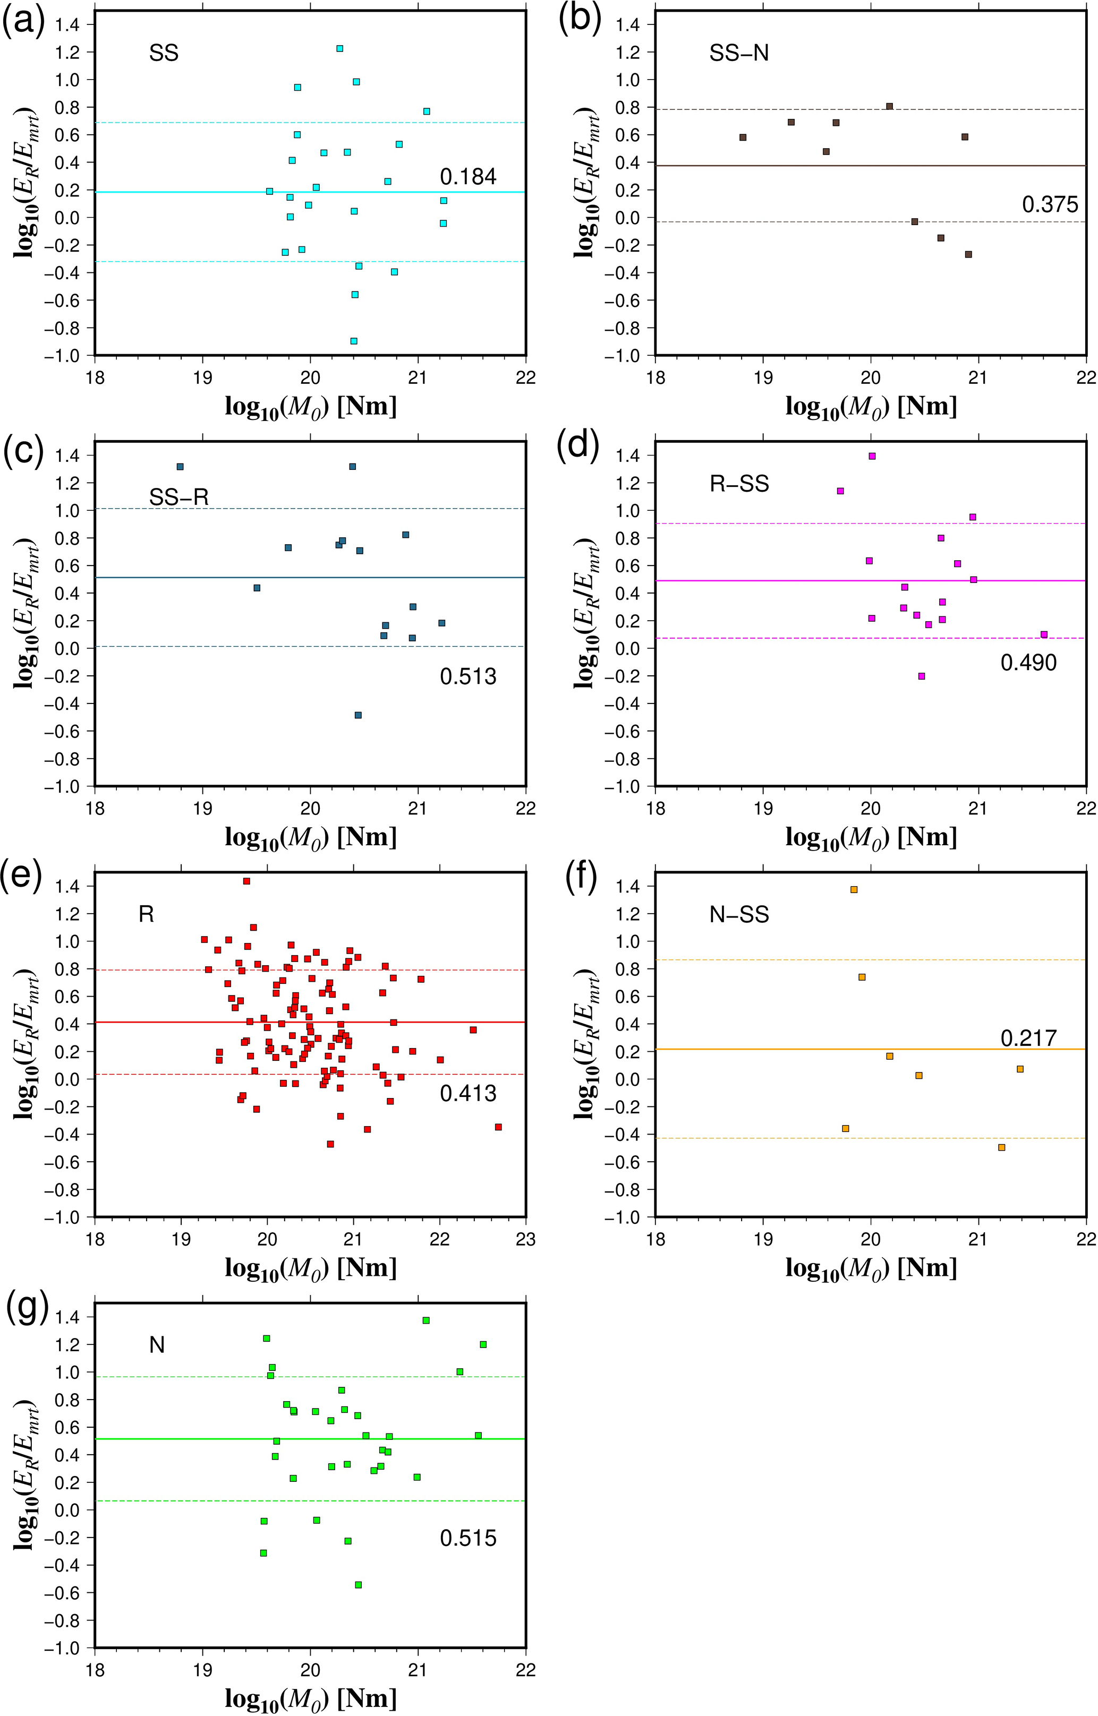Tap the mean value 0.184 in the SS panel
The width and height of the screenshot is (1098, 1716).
pyautogui.click(x=467, y=177)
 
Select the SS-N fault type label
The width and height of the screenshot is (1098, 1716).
pyautogui.click(x=739, y=54)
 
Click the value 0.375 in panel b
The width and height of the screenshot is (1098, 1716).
pyautogui.click(x=1050, y=205)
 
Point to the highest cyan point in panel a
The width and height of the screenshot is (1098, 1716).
pyautogui.click(x=340, y=48)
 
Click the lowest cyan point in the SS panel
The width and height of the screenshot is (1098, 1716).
pyautogui.click(x=354, y=341)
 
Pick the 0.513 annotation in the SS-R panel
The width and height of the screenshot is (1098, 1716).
pyautogui.click(x=467, y=676)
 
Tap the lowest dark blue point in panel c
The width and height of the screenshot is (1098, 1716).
pyautogui.click(x=359, y=715)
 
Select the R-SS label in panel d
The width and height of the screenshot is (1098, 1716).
pyautogui.click(x=739, y=485)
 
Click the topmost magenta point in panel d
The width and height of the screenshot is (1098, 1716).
pyautogui.click(x=872, y=456)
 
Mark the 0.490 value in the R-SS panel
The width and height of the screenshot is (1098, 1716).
pyautogui.click(x=1028, y=663)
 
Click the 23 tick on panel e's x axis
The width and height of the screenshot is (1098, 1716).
pyautogui.click(x=525, y=1239)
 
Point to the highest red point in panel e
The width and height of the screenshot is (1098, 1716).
pyautogui.click(x=246, y=881)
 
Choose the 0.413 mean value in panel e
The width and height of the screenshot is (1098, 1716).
pyautogui.click(x=467, y=1093)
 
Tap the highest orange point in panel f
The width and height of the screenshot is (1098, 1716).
pyautogui.click(x=854, y=889)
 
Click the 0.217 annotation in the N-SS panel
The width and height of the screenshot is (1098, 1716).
pyautogui.click(x=1028, y=1039)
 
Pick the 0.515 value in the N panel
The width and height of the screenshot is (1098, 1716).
pyautogui.click(x=467, y=1539)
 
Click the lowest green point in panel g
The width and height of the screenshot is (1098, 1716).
pyautogui.click(x=359, y=1585)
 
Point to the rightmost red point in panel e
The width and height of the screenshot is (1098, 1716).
pyautogui.click(x=498, y=1127)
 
